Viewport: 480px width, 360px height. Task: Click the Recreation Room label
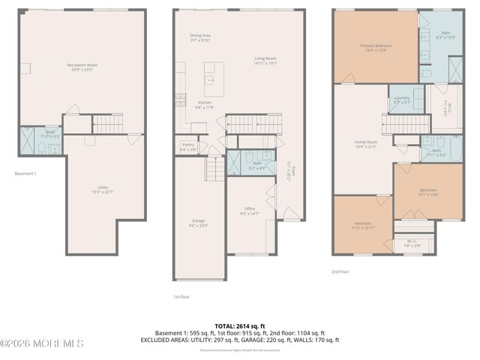coord(82,67)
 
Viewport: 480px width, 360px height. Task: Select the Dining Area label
coord(200,37)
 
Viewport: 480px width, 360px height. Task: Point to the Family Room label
coord(366,143)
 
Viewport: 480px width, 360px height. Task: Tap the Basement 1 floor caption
coord(25,174)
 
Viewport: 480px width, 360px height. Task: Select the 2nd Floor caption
coord(340,272)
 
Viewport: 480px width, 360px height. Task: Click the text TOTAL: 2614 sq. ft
coord(239,325)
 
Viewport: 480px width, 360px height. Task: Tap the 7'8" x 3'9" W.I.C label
coord(406,244)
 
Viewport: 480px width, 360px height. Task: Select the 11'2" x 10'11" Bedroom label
coord(363,226)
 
